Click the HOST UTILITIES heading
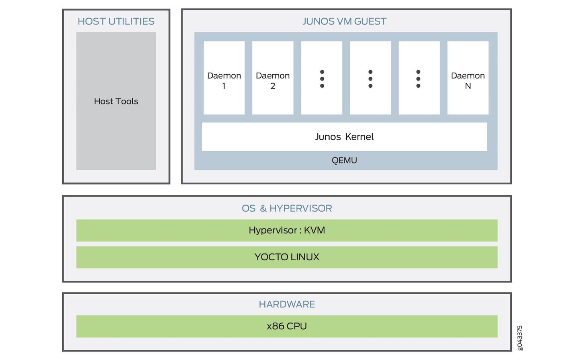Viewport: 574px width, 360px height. click(x=116, y=21)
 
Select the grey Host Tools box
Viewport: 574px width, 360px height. click(x=116, y=101)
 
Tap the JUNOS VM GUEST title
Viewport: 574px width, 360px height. click(x=344, y=21)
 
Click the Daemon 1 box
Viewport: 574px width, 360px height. click(x=224, y=78)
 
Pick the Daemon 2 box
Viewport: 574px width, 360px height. click(x=273, y=78)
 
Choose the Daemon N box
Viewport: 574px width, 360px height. click(x=468, y=78)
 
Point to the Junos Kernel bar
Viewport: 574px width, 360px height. click(x=344, y=137)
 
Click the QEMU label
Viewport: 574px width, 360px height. click(x=344, y=160)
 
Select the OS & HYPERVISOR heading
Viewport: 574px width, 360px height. click(x=287, y=208)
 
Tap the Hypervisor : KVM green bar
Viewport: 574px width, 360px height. click(x=287, y=230)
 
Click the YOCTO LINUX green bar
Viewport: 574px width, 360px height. click(x=287, y=257)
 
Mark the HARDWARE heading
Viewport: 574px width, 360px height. click(x=287, y=304)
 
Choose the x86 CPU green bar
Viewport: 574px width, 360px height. click(x=287, y=326)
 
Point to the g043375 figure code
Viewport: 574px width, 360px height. click(x=520, y=338)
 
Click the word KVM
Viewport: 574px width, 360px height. click(x=315, y=230)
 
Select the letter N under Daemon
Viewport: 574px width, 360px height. click(x=468, y=86)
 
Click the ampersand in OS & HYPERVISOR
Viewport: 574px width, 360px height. click(x=263, y=208)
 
